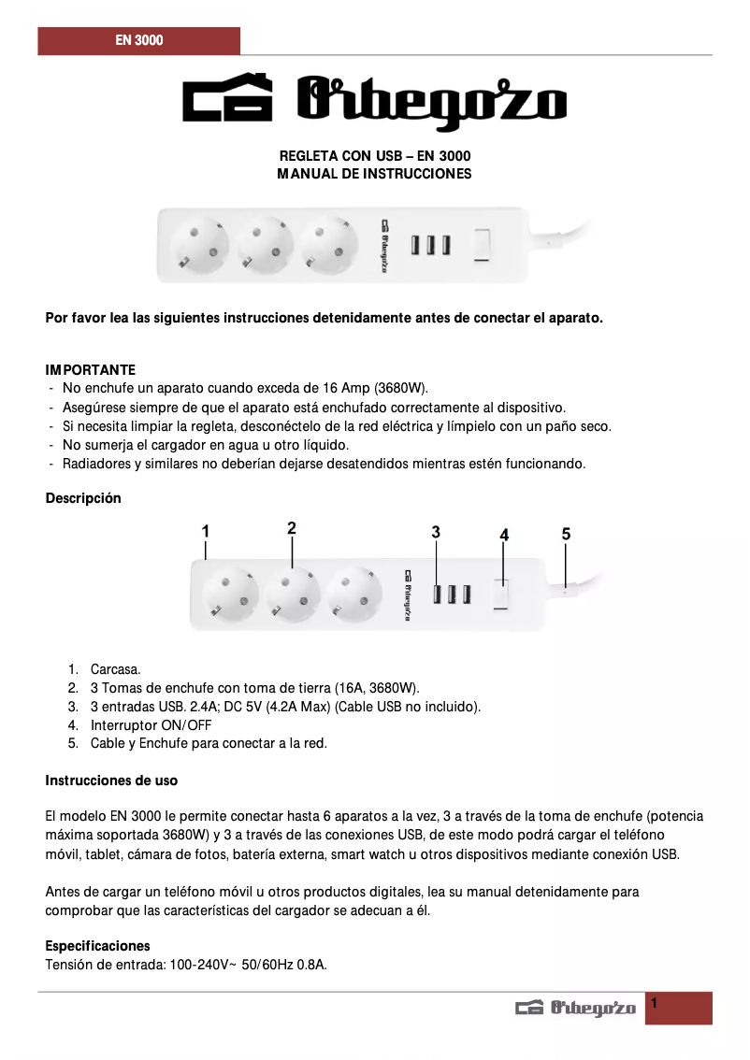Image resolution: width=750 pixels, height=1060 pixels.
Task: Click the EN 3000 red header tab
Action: pyautogui.click(x=138, y=41)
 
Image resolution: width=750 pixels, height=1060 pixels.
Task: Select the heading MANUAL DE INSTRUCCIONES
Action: pyautogui.click(x=374, y=174)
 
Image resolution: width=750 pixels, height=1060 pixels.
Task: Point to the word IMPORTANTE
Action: pyautogui.click(x=91, y=370)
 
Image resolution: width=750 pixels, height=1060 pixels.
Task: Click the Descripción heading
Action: pyautogui.click(x=83, y=498)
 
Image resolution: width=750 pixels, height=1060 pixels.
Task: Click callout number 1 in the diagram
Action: pyautogui.click(x=205, y=530)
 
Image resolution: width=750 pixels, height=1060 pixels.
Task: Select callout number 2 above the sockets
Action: pyautogui.click(x=292, y=528)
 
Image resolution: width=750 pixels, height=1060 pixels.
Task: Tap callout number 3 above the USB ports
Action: pyautogui.click(x=436, y=532)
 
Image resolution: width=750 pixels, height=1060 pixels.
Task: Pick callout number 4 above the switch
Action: pyautogui.click(x=504, y=535)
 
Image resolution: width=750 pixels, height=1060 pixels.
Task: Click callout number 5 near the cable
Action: pyautogui.click(x=566, y=534)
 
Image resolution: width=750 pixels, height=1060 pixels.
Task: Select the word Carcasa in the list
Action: pyautogui.click(x=115, y=669)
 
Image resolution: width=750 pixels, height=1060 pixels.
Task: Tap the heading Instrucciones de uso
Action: pyautogui.click(x=111, y=781)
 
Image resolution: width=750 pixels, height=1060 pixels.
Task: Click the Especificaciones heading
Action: pyautogui.click(x=97, y=946)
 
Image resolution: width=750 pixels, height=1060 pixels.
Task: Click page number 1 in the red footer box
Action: pyautogui.click(x=655, y=1003)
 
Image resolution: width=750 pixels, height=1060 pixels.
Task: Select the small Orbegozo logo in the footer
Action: pyautogui.click(x=575, y=1008)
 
